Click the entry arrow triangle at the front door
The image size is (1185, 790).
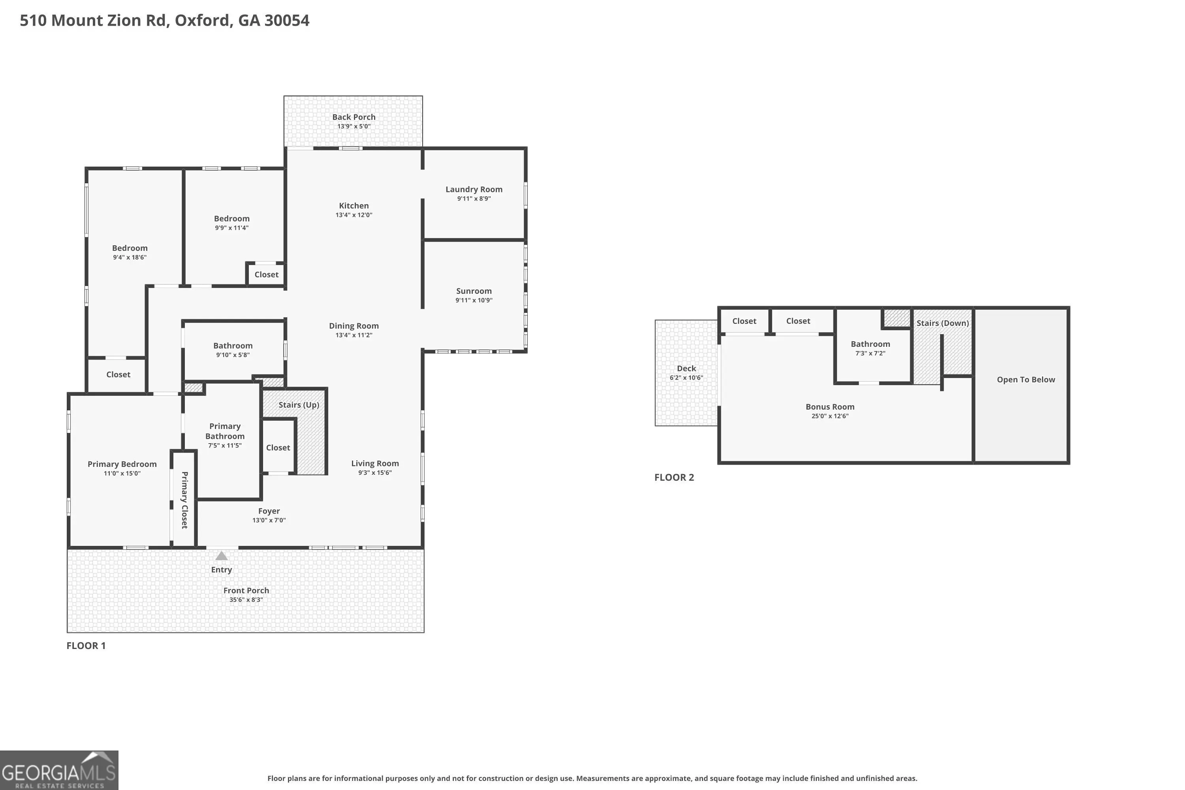(222, 556)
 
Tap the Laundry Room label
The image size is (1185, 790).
(474, 190)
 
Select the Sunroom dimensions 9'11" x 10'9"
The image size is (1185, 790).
(474, 300)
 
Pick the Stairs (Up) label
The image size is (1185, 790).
(299, 405)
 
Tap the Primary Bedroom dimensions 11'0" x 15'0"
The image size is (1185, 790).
(122, 474)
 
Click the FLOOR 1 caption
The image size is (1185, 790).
(86, 646)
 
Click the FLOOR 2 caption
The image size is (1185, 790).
(674, 478)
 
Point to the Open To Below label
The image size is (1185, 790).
(1026, 380)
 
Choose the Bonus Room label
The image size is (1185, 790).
(830, 407)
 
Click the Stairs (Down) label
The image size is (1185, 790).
(942, 324)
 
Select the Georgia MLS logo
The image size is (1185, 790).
(59, 770)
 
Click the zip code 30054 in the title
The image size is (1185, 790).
(287, 21)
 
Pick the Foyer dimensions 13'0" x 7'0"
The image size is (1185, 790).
(269, 521)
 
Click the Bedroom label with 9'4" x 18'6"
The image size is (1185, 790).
(130, 248)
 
